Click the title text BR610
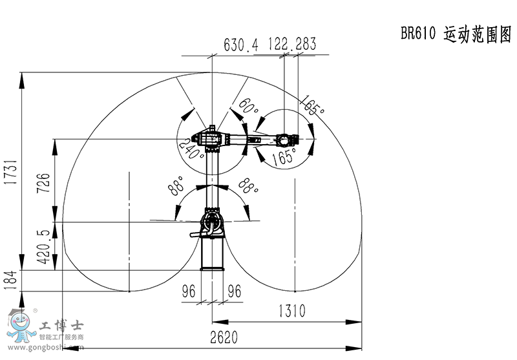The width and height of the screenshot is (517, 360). [418, 33]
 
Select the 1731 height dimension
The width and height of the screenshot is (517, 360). [11, 172]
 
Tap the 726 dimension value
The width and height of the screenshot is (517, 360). [43, 183]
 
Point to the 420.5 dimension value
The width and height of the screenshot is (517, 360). [43, 247]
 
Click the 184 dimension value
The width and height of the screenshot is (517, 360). [10, 280]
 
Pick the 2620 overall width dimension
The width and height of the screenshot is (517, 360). [224, 337]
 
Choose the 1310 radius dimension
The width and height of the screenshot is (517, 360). [292, 311]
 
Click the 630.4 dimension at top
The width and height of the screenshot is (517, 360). [241, 45]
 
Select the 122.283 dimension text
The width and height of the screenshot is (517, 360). [292, 44]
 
